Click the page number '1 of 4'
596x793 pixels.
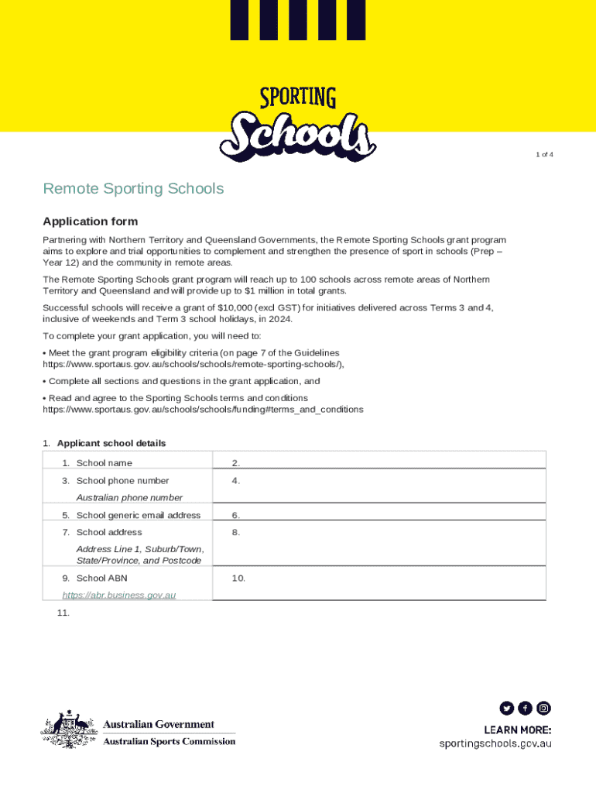point(544,154)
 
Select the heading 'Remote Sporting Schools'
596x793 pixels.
point(133,189)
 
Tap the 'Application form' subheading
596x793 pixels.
point(90,221)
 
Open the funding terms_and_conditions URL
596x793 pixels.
point(202,408)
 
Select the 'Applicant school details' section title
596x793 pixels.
point(111,444)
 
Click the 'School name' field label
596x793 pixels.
point(104,463)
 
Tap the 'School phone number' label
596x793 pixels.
point(122,481)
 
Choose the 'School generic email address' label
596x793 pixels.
point(138,515)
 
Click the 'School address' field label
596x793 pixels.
point(109,532)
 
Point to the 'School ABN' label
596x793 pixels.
point(101,578)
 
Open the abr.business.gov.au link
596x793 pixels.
point(119,595)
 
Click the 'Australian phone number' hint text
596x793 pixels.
point(129,498)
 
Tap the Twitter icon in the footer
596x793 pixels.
point(506,708)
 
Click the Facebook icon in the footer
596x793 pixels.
point(526,708)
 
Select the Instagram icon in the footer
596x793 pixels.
point(544,708)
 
